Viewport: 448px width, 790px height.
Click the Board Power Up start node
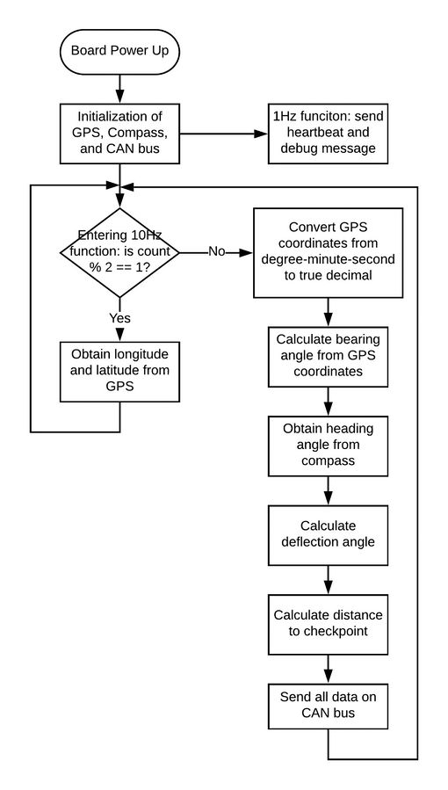point(119,51)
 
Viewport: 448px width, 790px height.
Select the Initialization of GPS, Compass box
point(119,134)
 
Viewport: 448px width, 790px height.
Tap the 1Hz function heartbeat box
point(329,134)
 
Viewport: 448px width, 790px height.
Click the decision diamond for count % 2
point(119,252)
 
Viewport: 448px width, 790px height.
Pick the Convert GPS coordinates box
point(329,252)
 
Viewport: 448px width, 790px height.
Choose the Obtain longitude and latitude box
point(119,372)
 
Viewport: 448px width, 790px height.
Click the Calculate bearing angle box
point(329,357)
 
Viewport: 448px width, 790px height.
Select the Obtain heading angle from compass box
point(329,446)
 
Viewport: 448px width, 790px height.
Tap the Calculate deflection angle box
point(329,535)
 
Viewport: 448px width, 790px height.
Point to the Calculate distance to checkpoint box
point(329,624)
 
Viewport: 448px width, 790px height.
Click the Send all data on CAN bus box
point(329,707)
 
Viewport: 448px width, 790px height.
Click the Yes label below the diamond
point(119,318)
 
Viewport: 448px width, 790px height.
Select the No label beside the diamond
point(217,251)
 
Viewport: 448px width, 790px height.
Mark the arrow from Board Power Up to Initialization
point(119,89)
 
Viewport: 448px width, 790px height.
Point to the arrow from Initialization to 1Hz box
point(224,134)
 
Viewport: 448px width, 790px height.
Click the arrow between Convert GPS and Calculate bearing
point(329,312)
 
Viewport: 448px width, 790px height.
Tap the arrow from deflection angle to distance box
point(329,580)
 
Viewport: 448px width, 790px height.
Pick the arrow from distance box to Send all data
point(329,669)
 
